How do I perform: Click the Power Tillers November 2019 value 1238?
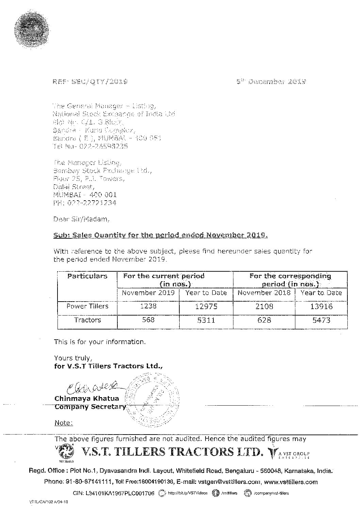[148, 306]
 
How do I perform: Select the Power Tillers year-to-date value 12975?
[206, 307]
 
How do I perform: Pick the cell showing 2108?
[264, 307]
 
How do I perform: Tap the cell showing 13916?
[321, 307]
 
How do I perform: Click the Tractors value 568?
[148, 320]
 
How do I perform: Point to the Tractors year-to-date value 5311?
[206, 320]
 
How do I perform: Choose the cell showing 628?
[264, 320]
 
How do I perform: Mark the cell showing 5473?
[321, 320]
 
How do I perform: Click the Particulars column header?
[87, 276]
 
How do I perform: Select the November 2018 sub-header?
[264, 293]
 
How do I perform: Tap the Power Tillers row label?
[87, 306]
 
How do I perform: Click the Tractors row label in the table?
[87, 320]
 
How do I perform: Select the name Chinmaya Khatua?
[87, 398]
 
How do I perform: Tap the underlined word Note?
[64, 423]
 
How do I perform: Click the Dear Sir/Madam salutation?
[82, 219]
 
